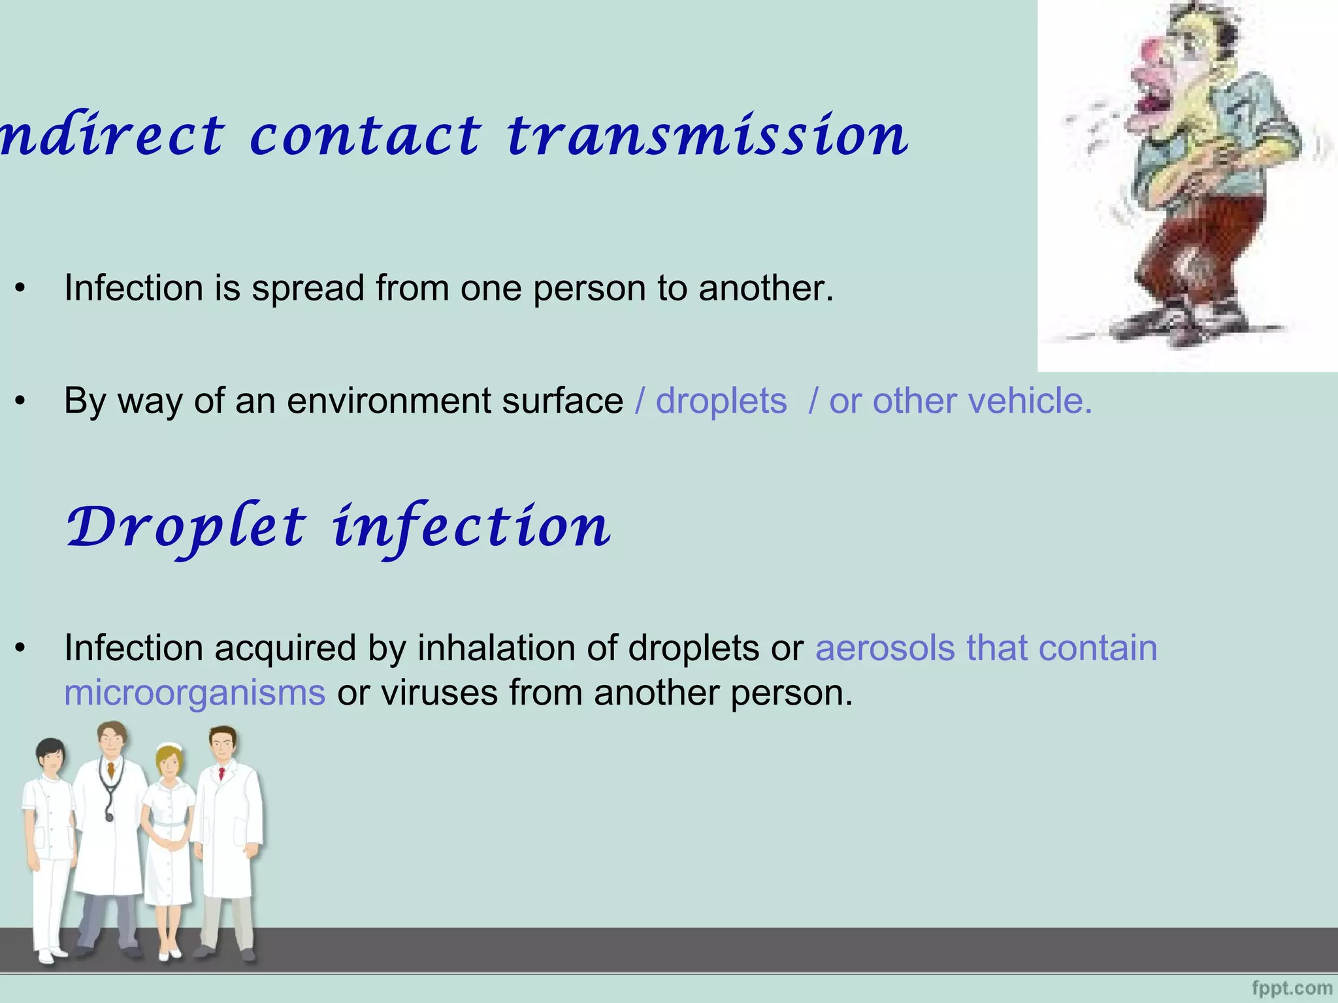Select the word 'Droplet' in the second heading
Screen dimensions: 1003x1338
tap(186, 528)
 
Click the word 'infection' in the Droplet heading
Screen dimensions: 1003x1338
tap(472, 528)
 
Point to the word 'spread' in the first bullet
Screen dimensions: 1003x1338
tap(308, 289)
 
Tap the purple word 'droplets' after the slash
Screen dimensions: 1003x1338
tap(721, 401)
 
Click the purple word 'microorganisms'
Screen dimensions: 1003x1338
tap(195, 693)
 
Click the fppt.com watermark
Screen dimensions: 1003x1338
tap(1292, 988)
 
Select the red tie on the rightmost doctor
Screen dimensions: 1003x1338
tap(221, 774)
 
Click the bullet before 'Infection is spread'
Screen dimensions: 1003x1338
tap(21, 289)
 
